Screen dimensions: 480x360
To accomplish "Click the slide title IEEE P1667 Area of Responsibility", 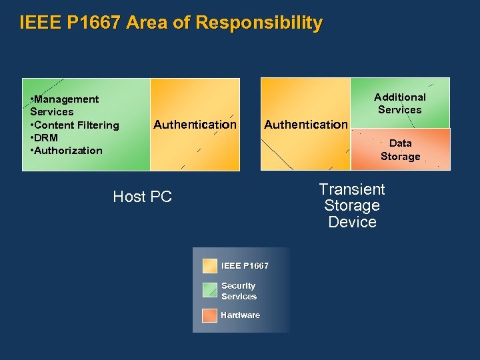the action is click(171, 23).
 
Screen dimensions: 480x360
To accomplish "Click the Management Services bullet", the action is click(64, 105).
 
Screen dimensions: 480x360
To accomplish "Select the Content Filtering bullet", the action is click(74, 125).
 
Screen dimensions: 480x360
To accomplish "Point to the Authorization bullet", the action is click(66, 150).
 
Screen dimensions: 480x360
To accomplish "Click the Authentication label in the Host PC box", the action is click(195, 124).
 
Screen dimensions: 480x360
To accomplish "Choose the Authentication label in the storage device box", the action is click(306, 124).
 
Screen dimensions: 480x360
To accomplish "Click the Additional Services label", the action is click(399, 103).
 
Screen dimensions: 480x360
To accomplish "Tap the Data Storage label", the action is click(400, 149).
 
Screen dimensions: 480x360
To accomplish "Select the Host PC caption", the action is click(143, 197).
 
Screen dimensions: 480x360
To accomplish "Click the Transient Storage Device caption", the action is click(352, 205).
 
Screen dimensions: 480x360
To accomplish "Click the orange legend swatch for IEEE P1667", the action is click(210, 266).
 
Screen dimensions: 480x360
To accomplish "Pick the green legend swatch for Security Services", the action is click(210, 290).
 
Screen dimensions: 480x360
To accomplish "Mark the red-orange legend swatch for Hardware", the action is click(210, 315).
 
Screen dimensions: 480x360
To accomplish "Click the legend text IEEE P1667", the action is click(245, 266).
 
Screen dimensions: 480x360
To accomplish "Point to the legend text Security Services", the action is click(239, 291).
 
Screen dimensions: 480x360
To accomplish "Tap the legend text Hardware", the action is click(240, 315).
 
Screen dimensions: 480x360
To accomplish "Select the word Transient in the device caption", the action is click(352, 189).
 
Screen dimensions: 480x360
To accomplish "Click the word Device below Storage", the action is click(352, 222).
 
